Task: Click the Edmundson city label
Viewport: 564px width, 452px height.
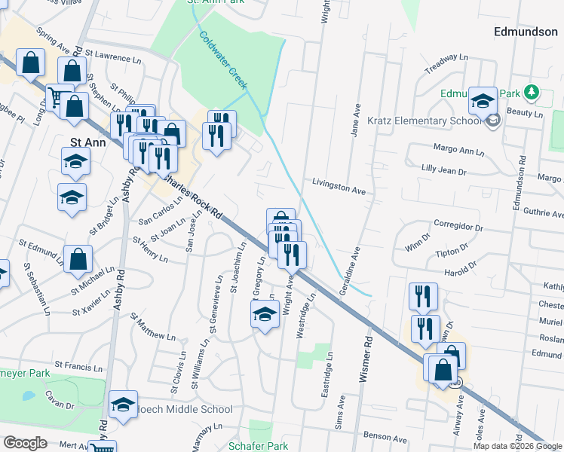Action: point(526,32)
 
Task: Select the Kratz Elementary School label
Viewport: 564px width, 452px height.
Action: point(441,121)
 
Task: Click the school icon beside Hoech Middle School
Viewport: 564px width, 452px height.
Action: point(123,405)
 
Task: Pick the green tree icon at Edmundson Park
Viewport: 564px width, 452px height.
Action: point(532,93)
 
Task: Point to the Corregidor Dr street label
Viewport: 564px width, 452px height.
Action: point(458,226)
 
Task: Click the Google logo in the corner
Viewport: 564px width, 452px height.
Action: point(25,443)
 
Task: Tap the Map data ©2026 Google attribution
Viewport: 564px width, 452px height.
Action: point(516,446)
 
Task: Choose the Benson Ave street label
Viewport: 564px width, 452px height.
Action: point(385,436)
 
